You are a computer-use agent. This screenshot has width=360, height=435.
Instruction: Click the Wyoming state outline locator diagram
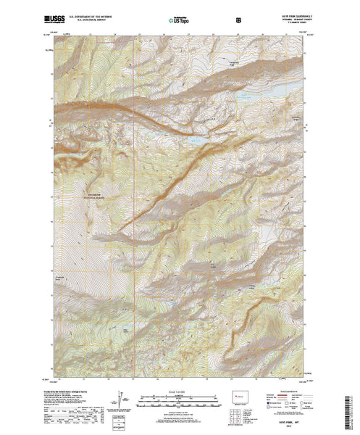click(x=243, y=397)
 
